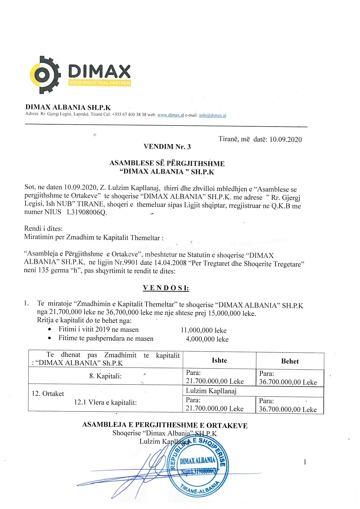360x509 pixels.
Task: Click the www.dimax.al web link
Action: (x=170, y=115)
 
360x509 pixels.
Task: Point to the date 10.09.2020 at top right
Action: (x=285, y=139)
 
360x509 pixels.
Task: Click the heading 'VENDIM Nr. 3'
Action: (x=167, y=147)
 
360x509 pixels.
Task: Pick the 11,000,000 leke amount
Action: (x=203, y=330)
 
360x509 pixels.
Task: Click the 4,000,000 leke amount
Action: (x=207, y=339)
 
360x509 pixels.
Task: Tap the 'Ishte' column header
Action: (x=219, y=360)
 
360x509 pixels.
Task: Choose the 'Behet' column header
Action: (x=290, y=361)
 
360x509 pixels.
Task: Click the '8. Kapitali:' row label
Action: (x=105, y=376)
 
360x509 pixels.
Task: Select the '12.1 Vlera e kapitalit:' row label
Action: (x=105, y=402)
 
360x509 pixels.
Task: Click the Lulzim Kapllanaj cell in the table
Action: (x=211, y=391)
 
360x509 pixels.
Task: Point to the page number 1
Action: (x=305, y=462)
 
